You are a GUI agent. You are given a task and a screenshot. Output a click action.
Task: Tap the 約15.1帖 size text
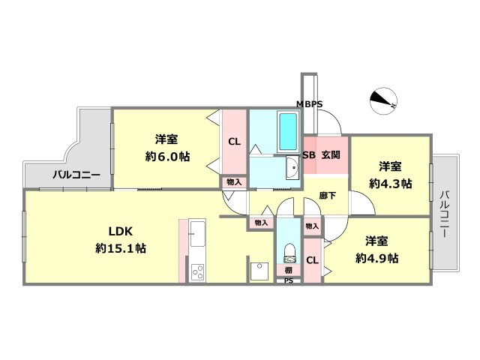[120, 248]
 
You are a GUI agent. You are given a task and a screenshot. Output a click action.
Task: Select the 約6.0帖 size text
[166, 157]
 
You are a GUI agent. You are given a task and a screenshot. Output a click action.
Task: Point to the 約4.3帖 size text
[389, 183]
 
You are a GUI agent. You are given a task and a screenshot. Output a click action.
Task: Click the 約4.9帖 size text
[376, 258]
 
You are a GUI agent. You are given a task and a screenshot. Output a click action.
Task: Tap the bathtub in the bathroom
[288, 131]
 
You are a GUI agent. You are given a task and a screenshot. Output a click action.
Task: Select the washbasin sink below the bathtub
[292, 170]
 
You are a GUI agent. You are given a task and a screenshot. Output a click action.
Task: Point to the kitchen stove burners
[198, 271]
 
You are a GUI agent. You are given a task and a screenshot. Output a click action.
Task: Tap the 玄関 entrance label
[331, 155]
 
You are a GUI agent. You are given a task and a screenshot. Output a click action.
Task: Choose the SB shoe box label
[308, 155]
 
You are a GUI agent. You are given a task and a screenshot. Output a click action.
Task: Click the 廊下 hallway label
[328, 195]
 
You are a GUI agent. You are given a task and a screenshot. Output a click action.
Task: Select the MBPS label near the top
[309, 104]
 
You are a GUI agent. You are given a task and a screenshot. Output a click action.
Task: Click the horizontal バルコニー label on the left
[76, 175]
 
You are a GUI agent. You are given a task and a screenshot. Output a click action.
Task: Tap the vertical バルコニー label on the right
[444, 214]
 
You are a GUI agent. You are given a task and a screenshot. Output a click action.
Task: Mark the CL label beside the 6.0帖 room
[234, 141]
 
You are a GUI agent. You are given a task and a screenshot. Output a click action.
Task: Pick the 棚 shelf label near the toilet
[288, 270]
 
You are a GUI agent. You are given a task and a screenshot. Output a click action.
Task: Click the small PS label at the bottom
[288, 281]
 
